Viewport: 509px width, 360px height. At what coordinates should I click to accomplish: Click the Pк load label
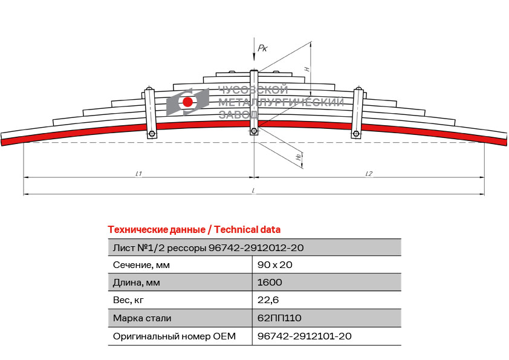pyautogui.click(x=262, y=48)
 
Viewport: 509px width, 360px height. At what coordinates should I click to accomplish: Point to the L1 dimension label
pyautogui.click(x=138, y=174)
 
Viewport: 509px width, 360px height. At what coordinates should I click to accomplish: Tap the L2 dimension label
pyautogui.click(x=369, y=174)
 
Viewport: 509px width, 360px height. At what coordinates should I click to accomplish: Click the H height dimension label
pyautogui.click(x=306, y=69)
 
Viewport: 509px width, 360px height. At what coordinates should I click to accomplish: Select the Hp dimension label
pyautogui.click(x=299, y=157)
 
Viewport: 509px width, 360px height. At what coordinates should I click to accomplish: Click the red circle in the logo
pyautogui.click(x=187, y=102)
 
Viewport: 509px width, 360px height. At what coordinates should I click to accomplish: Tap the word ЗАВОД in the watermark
pyautogui.click(x=238, y=114)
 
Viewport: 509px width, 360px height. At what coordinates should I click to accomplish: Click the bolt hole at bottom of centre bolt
pyautogui.click(x=254, y=131)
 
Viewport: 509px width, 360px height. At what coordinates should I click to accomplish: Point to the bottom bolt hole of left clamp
pyautogui.click(x=152, y=134)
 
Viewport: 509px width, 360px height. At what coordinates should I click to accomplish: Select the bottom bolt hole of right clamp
pyautogui.click(x=356, y=134)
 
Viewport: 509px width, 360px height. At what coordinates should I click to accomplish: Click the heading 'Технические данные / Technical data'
pyautogui.click(x=194, y=230)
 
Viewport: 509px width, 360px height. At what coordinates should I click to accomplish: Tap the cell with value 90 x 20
pyautogui.click(x=274, y=265)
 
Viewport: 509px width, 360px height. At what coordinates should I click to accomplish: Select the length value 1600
pyautogui.click(x=270, y=283)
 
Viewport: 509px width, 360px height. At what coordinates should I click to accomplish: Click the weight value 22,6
pyautogui.click(x=268, y=300)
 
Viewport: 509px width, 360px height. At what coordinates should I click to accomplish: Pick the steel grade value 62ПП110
pyautogui.click(x=279, y=318)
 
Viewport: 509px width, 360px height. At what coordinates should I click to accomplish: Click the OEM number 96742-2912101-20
pyautogui.click(x=305, y=336)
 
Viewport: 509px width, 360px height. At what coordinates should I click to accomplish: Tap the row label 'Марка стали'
pyautogui.click(x=142, y=318)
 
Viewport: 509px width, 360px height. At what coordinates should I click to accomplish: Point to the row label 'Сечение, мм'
pyautogui.click(x=141, y=265)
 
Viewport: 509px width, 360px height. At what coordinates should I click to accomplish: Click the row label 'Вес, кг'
pyautogui.click(x=128, y=300)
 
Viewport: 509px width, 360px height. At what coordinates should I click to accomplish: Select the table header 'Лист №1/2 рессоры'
pyautogui.click(x=160, y=248)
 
